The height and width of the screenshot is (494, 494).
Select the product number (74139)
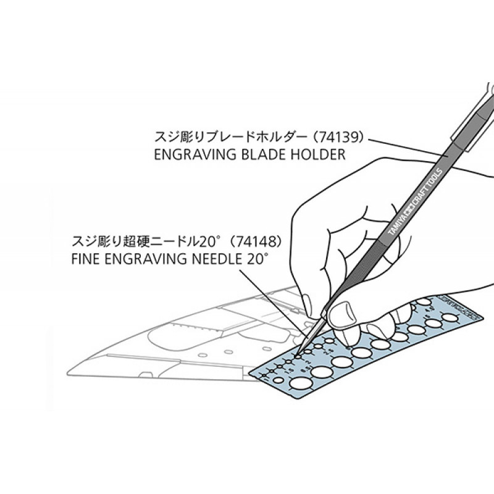click(x=339, y=135)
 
